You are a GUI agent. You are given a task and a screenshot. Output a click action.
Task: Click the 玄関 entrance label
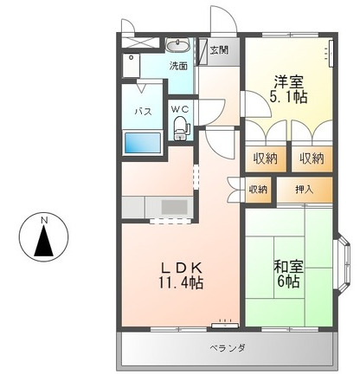pos(219,50)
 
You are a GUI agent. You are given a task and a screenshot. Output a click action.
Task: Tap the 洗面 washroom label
pos(178,66)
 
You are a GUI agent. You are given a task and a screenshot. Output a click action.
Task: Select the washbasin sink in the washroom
pos(177,45)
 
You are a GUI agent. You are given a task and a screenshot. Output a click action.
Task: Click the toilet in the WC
pos(181,128)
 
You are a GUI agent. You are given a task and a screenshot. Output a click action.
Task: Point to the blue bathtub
pos(143,143)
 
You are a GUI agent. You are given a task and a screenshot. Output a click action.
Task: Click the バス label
pos(143,111)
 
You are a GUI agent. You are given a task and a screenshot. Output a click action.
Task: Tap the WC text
pos(180,109)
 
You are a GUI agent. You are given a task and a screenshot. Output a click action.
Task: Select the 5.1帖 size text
pos(288,97)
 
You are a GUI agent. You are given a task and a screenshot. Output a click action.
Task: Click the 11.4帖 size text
pos(181,283)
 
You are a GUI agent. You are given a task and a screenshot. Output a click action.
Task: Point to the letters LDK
pos(181,268)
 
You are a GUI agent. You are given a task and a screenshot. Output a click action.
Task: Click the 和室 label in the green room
pos(288,267)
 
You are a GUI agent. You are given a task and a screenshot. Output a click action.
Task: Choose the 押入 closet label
pos(304,190)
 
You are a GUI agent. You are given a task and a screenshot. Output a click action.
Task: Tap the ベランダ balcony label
pos(228,347)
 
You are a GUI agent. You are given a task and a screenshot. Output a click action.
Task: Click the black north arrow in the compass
pos(44,241)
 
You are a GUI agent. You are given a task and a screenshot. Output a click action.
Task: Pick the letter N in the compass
pos(44,220)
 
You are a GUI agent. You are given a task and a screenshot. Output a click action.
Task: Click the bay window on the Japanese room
pos(344,263)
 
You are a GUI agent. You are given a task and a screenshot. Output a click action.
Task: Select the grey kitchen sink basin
pos(174,207)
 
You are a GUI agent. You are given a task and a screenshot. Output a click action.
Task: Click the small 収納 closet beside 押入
pos(258,190)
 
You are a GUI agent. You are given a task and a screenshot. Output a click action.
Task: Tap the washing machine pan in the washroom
pos(132,65)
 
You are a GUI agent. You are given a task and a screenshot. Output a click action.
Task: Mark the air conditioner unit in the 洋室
pos(331,54)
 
